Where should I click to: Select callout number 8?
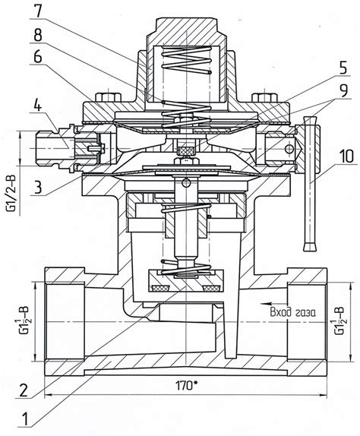[37, 34]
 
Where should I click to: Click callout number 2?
[22, 390]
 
